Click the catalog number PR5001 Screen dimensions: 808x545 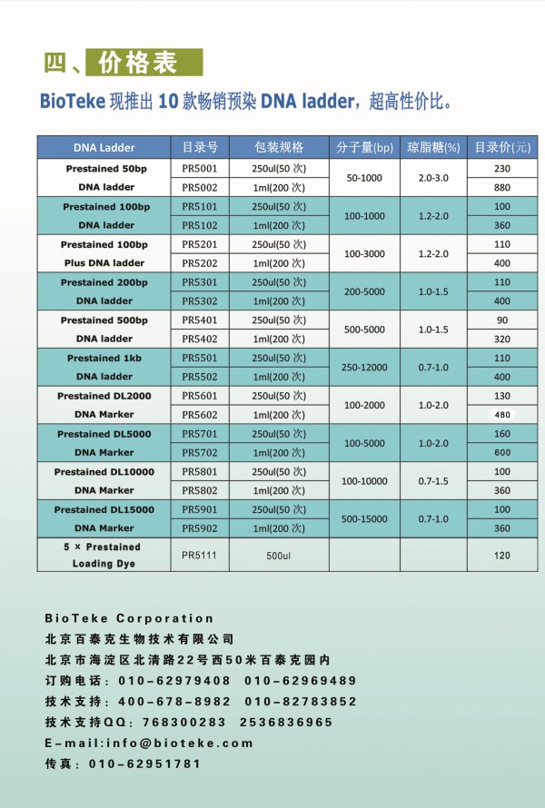(x=200, y=169)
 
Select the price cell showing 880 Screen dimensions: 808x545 (x=502, y=188)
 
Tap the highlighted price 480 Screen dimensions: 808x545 (x=502, y=414)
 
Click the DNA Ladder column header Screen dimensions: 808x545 (x=104, y=147)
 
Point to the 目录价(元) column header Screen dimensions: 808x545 (x=502, y=147)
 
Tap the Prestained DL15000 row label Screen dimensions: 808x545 (x=104, y=509)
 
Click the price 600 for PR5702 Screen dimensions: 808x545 (x=502, y=452)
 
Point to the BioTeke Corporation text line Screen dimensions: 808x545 (x=129, y=618)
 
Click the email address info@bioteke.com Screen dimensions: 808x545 (x=180, y=743)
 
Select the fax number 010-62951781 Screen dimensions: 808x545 (x=145, y=764)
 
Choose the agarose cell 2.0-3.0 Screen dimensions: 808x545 (x=433, y=178)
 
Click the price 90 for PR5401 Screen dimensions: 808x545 (x=502, y=320)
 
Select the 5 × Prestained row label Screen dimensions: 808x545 (x=104, y=547)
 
